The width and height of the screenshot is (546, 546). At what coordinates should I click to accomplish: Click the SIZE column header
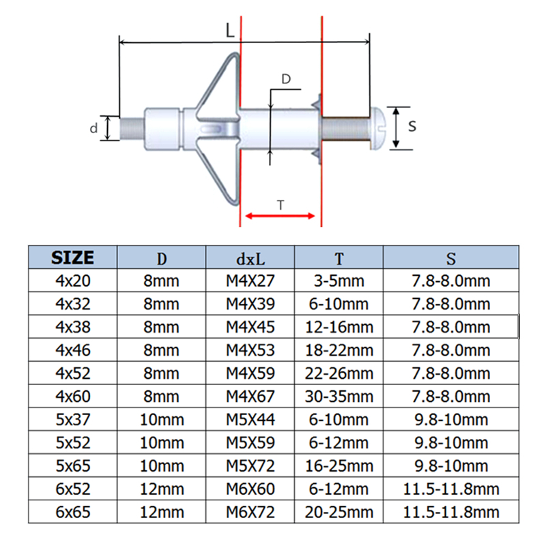(72, 257)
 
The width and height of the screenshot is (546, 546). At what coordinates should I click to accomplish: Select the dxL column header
(250, 258)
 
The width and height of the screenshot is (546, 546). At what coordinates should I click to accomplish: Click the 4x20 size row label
(72, 280)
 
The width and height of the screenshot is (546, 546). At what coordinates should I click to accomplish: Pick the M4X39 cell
(250, 304)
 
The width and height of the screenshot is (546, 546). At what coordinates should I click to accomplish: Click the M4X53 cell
(250, 350)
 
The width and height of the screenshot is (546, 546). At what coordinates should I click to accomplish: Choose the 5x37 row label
(72, 420)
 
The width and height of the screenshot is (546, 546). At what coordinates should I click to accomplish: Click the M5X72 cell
(250, 466)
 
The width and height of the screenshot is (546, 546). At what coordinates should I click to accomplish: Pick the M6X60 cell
(250, 489)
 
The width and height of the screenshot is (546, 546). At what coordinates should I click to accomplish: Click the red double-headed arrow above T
(281, 216)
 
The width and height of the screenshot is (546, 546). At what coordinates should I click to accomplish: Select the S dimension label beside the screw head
(412, 126)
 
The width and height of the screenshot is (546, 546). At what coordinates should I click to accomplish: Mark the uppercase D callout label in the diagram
(287, 79)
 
